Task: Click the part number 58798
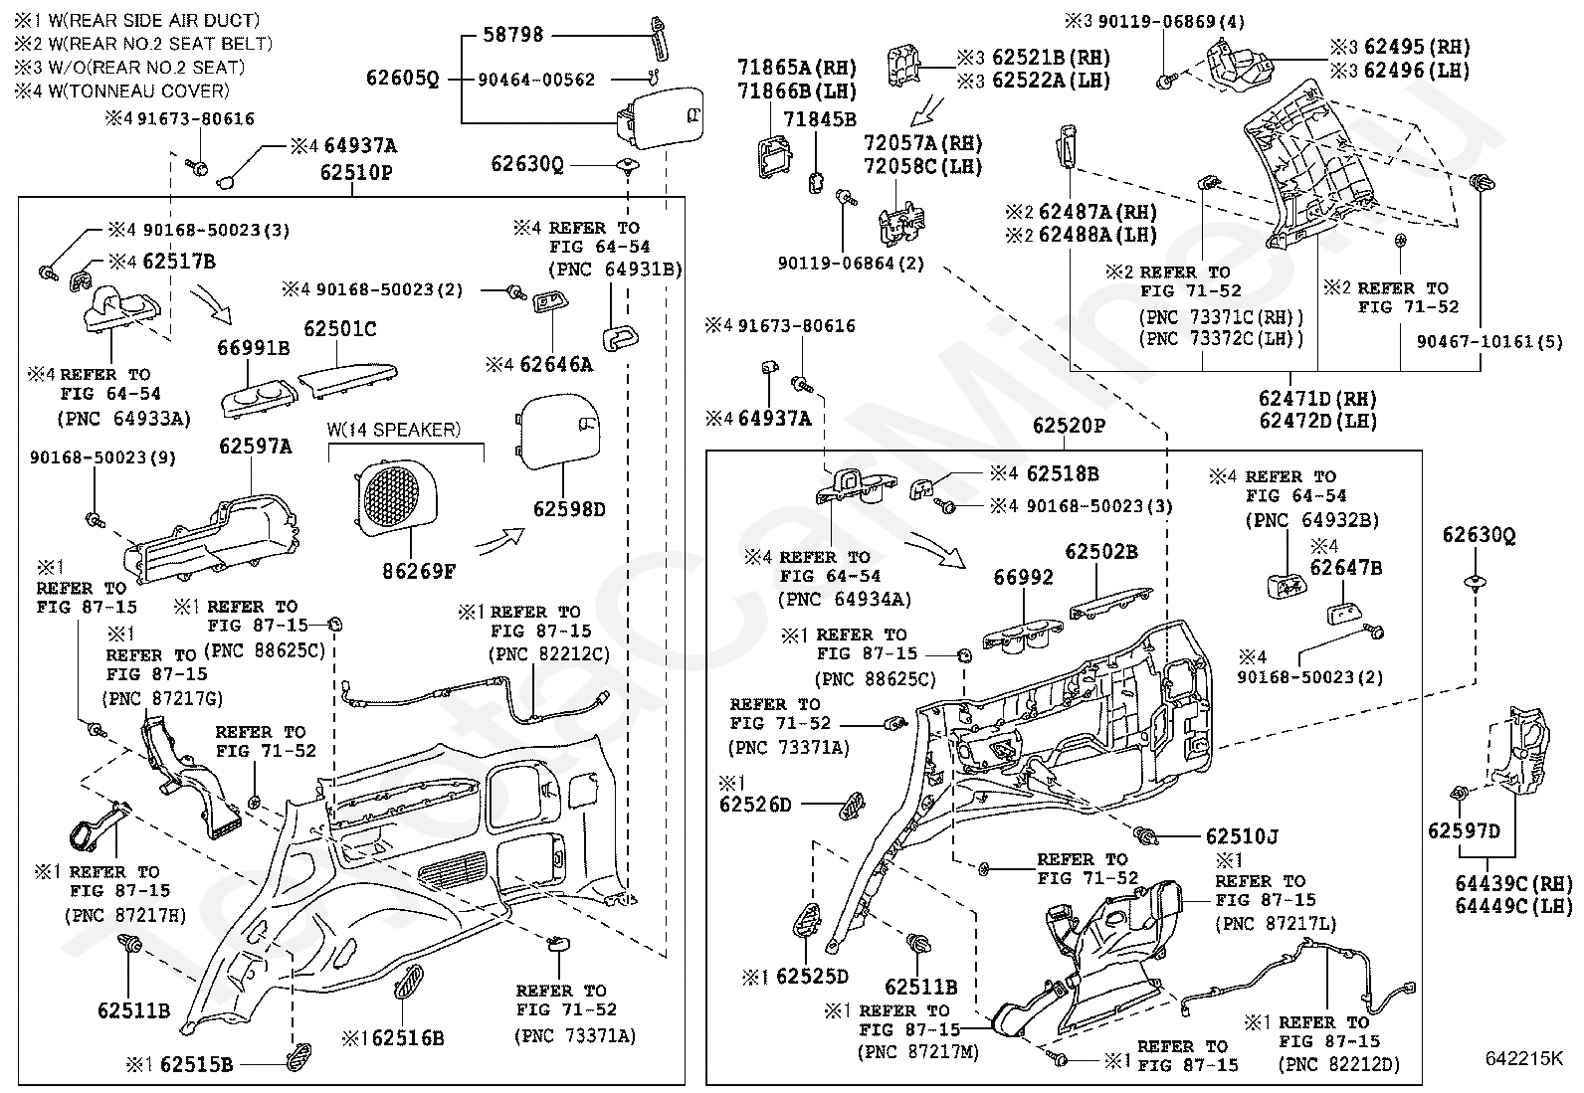pos(512,35)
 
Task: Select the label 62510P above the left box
pos(355,172)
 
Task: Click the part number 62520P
pos(1069,426)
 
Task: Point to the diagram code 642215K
pos(1524,1057)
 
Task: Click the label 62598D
pos(569,509)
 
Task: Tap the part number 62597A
pos(255,447)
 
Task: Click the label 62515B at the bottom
pos(196,1064)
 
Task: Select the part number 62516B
pos(408,1038)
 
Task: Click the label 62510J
pos(1242,836)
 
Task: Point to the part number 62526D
pos(755,805)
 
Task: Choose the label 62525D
pos(812,977)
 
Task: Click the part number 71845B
pos(820,119)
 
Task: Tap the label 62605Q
pos(402,78)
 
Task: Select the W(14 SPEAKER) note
pos(394,430)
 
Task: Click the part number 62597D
pos(1463,830)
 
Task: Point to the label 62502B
pos(1101,551)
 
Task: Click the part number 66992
pos(1023,578)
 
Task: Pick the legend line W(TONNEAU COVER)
pos(138,91)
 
